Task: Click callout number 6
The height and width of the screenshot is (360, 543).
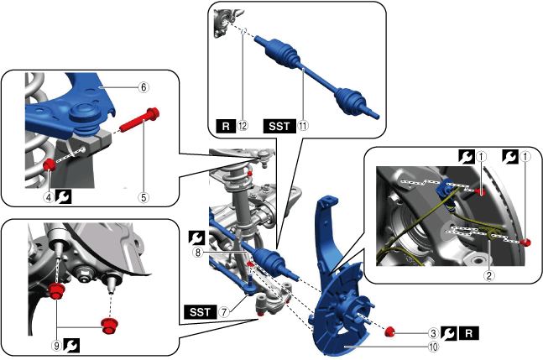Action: point(144,87)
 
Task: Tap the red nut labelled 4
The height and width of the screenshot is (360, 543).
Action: point(50,164)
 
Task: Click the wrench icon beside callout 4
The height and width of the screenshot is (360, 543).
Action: point(63,197)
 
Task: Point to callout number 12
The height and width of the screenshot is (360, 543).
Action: point(243,126)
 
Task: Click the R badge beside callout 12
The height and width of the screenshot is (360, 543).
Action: point(226,126)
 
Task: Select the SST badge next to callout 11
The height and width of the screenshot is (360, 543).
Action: point(279,126)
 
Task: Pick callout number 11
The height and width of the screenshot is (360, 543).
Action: point(303,126)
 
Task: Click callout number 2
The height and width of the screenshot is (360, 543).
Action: point(489,275)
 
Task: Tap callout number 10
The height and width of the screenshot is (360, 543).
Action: point(433,347)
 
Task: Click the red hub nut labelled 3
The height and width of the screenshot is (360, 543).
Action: point(390,331)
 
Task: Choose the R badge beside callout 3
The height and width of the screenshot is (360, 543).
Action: point(469,333)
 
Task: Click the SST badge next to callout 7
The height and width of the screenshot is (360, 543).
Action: point(201,312)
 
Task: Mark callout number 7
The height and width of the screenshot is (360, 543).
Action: point(224,312)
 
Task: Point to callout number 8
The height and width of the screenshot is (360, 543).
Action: point(198,253)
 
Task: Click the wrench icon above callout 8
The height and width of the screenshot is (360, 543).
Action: point(196,237)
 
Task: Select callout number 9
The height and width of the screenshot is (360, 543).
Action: point(57,346)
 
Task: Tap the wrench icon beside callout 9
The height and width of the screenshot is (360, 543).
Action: point(71,346)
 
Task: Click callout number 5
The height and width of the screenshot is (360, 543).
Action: point(144,198)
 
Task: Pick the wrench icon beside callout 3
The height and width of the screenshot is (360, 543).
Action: point(449,333)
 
